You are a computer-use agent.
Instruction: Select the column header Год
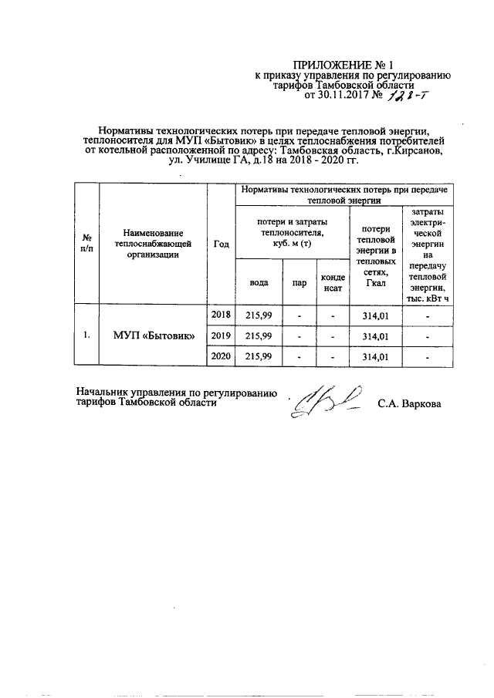(221, 244)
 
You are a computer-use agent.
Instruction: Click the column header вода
(259, 282)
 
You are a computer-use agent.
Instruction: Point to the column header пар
(299, 283)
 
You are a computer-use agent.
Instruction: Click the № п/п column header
(87, 244)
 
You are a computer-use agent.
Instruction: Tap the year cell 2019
(221, 336)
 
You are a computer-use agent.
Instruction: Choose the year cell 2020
(221, 356)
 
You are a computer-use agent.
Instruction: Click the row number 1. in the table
(87, 336)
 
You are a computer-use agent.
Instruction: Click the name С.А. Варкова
(410, 403)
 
